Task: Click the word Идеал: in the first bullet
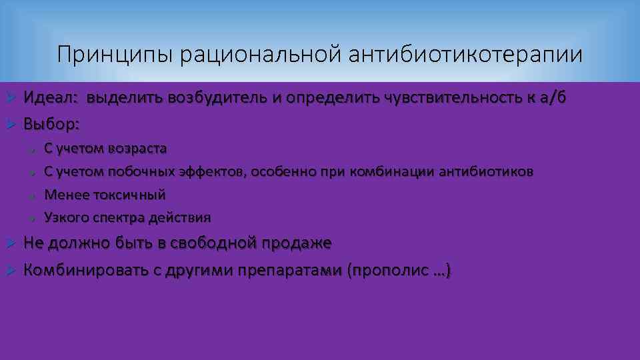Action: (51, 98)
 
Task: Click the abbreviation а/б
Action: (552, 98)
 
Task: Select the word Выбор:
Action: (52, 123)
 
